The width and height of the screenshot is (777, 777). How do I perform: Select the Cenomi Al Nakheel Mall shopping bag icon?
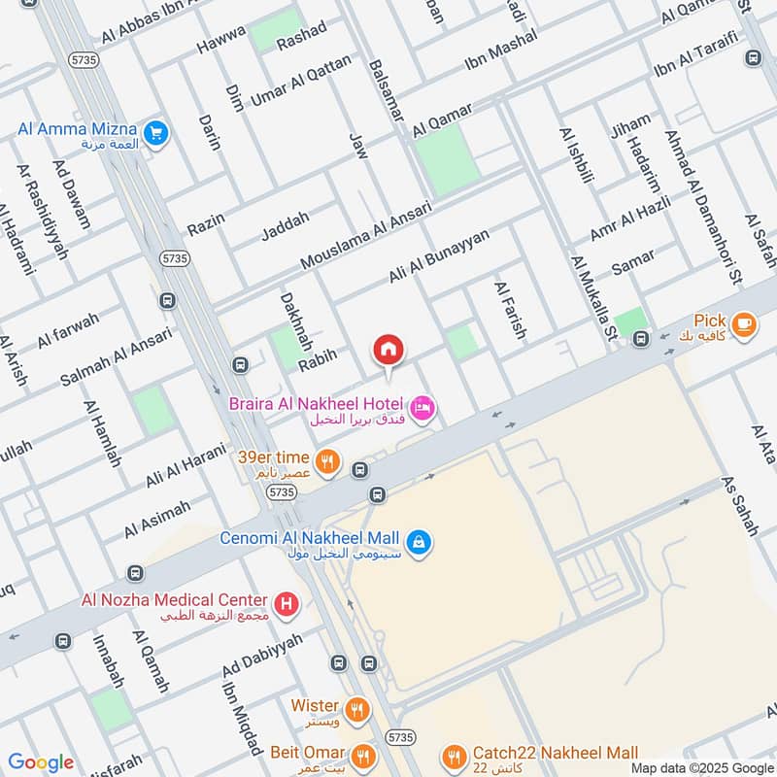[x=418, y=540]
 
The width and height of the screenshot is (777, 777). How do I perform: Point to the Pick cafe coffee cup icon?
[x=744, y=324]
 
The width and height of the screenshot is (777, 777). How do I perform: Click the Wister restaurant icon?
[x=358, y=710]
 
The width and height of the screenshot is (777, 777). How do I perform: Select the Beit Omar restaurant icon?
[x=363, y=756]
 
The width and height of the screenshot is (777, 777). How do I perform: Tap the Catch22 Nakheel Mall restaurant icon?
[x=453, y=757]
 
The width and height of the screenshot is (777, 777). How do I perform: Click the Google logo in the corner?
[x=41, y=762]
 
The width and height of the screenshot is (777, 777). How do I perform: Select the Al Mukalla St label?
[x=594, y=299]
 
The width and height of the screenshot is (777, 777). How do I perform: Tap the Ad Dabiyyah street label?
[x=262, y=658]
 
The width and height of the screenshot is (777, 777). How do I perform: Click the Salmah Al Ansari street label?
[x=116, y=355]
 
